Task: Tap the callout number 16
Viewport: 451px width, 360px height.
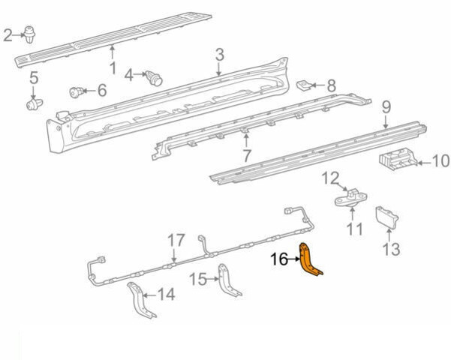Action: pos(279,259)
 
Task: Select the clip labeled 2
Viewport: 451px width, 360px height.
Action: pos(29,34)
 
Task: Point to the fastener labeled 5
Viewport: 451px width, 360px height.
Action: pos(35,105)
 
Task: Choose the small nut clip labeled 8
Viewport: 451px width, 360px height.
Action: pos(304,85)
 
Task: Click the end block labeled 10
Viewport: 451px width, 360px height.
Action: pos(398,160)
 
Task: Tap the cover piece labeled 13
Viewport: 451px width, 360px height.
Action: pos(387,217)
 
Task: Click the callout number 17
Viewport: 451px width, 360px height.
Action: pos(176,241)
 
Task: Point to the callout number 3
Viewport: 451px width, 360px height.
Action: pos(220,55)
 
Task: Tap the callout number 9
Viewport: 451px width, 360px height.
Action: pos(386,107)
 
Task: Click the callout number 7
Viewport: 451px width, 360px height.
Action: pos(246,156)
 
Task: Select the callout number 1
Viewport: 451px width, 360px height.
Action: pos(113,67)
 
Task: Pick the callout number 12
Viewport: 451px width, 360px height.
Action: pos(331,178)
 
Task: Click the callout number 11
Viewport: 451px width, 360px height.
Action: pos(354,229)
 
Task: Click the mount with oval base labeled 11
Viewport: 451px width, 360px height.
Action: pos(351,198)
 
